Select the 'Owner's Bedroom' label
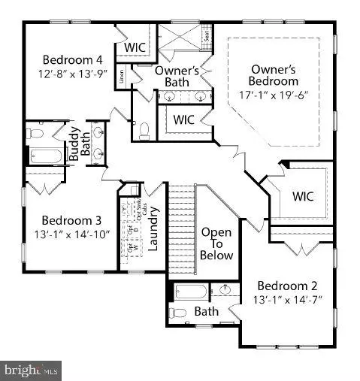274,74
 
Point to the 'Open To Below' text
216,243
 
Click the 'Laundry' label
153,228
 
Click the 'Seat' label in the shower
206,34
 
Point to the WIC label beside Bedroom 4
135,47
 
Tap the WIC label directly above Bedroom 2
303,196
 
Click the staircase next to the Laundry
180,225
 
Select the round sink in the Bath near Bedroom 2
226,290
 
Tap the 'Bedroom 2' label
287,286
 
